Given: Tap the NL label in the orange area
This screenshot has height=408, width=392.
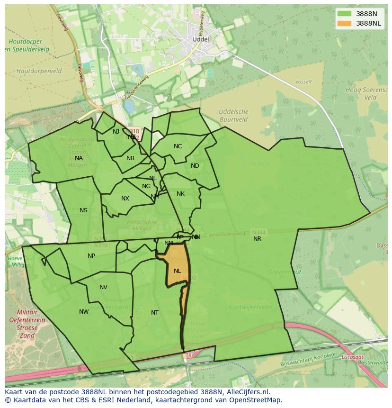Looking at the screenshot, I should point(177,271).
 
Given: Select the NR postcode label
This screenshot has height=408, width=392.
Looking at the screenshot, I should point(257,239).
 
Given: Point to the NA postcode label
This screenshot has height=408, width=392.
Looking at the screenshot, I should point(79,158).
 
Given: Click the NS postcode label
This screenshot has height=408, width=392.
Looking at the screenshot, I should point(83,210).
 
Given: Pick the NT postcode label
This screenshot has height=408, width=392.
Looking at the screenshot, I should point(155,313).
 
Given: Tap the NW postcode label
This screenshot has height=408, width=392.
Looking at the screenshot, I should point(84,312).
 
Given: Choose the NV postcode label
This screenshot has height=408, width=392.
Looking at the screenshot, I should point(103,287).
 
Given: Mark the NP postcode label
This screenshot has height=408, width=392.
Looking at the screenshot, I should point(91,256).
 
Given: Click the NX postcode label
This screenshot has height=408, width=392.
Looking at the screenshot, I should point(125,199).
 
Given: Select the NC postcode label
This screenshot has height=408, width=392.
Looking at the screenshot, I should point(178,146).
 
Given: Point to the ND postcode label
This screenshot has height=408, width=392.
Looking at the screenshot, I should point(195,166).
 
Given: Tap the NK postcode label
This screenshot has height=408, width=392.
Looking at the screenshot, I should point(180,194).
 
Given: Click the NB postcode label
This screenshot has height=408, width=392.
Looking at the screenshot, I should point(130,158).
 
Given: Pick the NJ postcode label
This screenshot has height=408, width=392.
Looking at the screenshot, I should point(116,132).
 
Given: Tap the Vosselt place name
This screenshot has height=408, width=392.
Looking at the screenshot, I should point(303,82).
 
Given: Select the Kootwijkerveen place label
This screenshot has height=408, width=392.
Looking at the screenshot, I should point(250,307).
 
